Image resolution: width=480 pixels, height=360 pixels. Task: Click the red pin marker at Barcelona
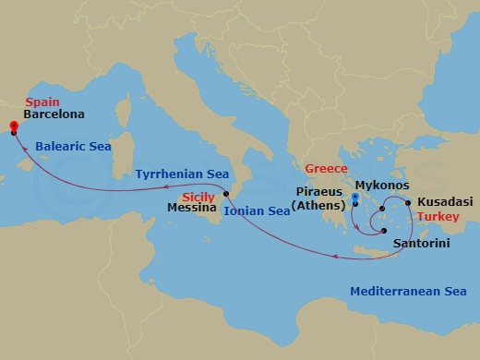pos(14,127)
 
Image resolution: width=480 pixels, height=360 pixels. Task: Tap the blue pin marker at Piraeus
pos(355,198)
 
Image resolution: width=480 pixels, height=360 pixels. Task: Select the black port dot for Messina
pos(226,194)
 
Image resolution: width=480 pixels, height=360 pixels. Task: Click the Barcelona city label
pos(55,115)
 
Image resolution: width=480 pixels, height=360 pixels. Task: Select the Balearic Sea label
pos(73,146)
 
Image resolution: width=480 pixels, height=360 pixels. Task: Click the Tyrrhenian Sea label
pos(181,174)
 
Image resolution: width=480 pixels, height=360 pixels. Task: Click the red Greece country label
pos(327,170)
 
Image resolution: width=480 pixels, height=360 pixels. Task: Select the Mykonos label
pos(381,186)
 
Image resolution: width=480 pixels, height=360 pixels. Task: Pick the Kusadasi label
pos(445,200)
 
